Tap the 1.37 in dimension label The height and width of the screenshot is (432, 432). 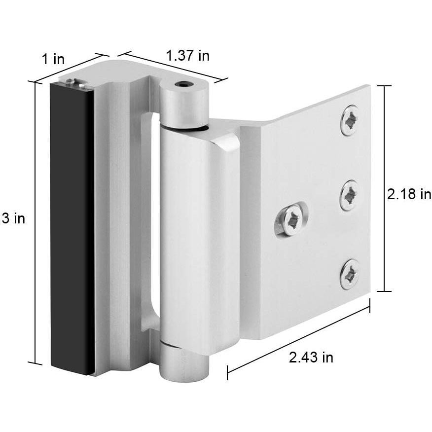pyautogui.click(x=187, y=56)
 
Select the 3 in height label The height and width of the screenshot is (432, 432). pyautogui.click(x=13, y=218)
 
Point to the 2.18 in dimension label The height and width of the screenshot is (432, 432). pyautogui.click(x=409, y=194)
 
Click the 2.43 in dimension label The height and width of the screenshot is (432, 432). pyautogui.click(x=311, y=358)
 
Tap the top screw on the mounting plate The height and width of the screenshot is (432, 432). pyautogui.click(x=350, y=120)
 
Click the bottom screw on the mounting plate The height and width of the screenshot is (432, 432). pyautogui.click(x=350, y=274)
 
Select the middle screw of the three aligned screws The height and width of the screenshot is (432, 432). pyautogui.click(x=350, y=195)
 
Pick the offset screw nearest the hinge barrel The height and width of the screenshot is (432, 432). pyautogui.click(x=291, y=219)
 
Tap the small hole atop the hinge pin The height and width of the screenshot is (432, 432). pyautogui.click(x=184, y=85)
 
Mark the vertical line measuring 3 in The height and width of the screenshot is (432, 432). pyautogui.click(x=35, y=222)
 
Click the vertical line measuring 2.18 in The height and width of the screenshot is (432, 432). pyautogui.click(x=385, y=187)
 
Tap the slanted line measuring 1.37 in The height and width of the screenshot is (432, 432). pyautogui.click(x=173, y=66)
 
